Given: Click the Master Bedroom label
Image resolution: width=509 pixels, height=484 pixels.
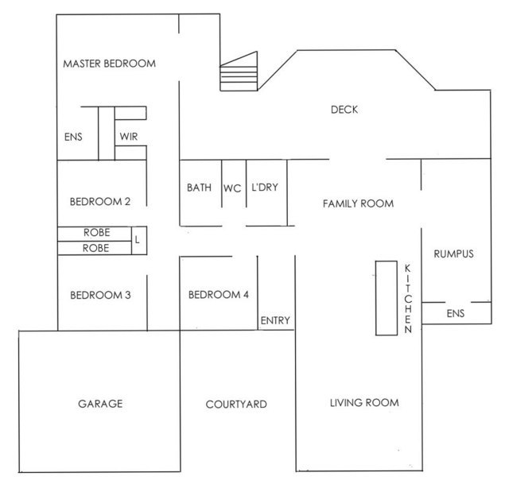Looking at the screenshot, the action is click(110, 64).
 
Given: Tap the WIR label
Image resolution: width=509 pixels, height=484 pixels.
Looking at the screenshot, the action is click(129, 137).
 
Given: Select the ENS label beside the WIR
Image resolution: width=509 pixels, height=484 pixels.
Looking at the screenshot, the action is click(73, 137).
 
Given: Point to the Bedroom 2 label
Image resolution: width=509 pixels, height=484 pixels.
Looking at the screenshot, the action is click(100, 202).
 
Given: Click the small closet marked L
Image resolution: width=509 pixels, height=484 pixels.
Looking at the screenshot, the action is click(139, 240).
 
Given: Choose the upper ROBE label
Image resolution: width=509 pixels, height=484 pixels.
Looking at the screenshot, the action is click(97, 233).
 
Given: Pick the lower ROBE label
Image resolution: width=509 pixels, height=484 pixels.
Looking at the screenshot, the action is click(95, 248).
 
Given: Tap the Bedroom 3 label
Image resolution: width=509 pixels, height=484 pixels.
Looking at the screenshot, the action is click(100, 295).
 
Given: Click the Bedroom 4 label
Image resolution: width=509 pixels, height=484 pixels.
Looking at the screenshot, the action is click(219, 295).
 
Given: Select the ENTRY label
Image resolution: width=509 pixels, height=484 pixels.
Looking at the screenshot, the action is click(275, 320).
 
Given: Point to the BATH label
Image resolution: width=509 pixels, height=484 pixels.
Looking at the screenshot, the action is click(199, 188).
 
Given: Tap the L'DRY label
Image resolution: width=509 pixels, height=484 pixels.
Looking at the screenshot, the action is click(265, 188).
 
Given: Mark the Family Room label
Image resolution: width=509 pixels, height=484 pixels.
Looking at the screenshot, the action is click(358, 203).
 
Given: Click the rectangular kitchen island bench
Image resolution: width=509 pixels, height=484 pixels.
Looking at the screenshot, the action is click(387, 298).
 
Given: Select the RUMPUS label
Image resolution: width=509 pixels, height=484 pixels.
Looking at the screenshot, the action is click(453, 254).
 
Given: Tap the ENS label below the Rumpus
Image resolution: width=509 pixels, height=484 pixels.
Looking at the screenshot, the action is click(456, 313).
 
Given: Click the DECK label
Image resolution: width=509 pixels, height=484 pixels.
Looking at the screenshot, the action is click(344, 110).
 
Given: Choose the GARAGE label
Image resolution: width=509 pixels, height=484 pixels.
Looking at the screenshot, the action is click(100, 404).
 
